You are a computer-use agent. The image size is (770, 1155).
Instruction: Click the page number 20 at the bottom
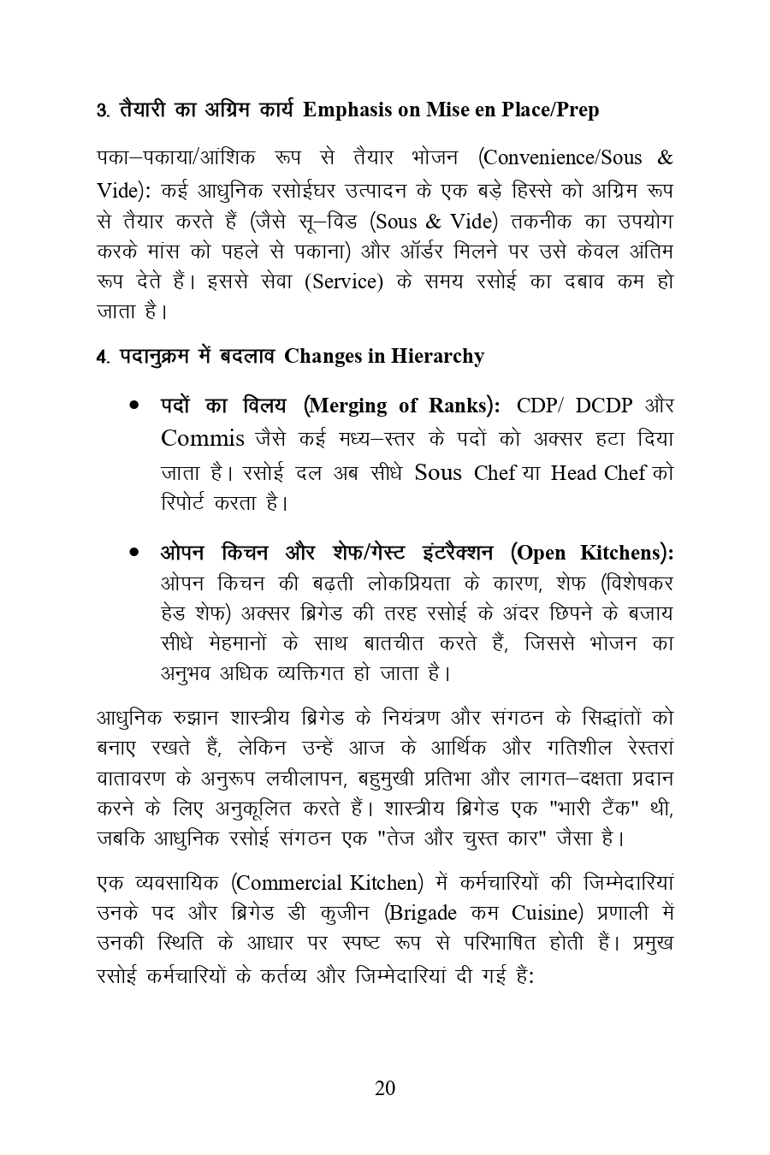click(x=385, y=1088)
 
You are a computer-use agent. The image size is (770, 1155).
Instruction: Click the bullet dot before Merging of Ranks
click(x=135, y=406)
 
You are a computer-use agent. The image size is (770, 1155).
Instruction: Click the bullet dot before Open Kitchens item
click(x=135, y=553)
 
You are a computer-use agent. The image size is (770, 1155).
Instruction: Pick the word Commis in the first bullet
click(x=203, y=439)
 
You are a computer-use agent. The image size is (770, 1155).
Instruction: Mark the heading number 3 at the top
click(x=101, y=110)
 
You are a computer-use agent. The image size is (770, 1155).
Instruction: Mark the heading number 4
click(x=101, y=357)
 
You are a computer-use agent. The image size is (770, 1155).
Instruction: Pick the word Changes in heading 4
click(x=322, y=356)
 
